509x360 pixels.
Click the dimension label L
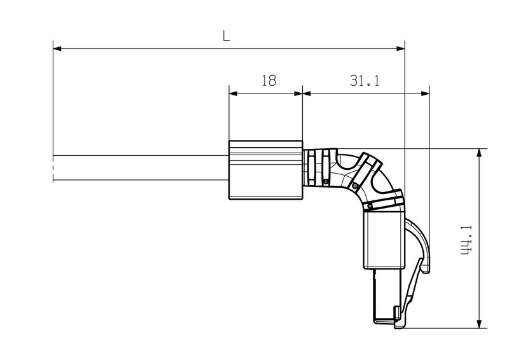tap(226, 36)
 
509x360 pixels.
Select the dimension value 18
tap(268, 80)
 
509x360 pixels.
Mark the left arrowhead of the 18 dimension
tap(233, 93)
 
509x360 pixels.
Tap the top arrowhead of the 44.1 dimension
tap(478, 153)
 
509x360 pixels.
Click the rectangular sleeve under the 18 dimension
tap(265, 170)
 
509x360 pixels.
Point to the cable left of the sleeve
tap(140, 168)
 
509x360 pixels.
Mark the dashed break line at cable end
tap(53, 169)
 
